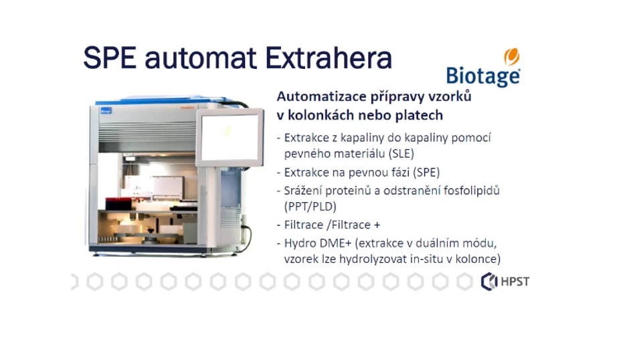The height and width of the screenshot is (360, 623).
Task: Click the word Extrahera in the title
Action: (328, 58)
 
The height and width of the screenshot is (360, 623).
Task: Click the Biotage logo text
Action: (482, 76)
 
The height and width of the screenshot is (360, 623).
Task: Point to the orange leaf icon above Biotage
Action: (512, 56)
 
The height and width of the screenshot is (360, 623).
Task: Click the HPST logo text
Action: (515, 282)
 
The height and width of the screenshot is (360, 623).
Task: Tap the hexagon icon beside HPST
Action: (489, 282)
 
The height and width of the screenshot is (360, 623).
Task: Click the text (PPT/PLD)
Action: (310, 206)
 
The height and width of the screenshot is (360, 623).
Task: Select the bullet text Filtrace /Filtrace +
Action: (333, 225)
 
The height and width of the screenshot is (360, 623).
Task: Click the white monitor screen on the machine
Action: (229, 137)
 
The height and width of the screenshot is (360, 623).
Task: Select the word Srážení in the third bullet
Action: (302, 190)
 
